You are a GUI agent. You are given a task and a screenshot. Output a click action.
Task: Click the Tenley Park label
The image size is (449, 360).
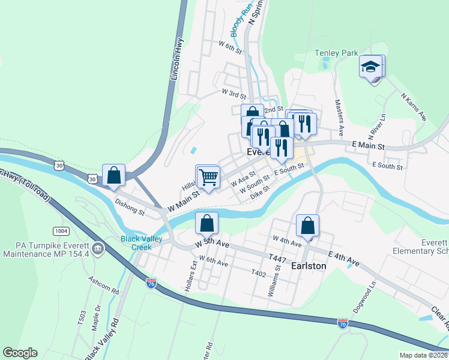336,53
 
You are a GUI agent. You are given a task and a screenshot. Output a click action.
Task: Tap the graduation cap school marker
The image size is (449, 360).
371,67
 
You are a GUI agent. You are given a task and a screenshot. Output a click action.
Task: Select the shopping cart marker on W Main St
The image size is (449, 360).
208,177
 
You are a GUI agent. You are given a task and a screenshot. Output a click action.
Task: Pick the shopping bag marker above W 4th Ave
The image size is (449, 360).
307,226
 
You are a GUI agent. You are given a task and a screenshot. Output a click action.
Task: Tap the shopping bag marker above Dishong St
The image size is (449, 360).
113,175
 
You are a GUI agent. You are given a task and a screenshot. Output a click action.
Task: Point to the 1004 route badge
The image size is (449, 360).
60,230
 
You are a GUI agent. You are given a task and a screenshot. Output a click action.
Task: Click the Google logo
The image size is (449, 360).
20,353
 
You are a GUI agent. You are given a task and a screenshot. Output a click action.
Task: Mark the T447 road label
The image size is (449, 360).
277,258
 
